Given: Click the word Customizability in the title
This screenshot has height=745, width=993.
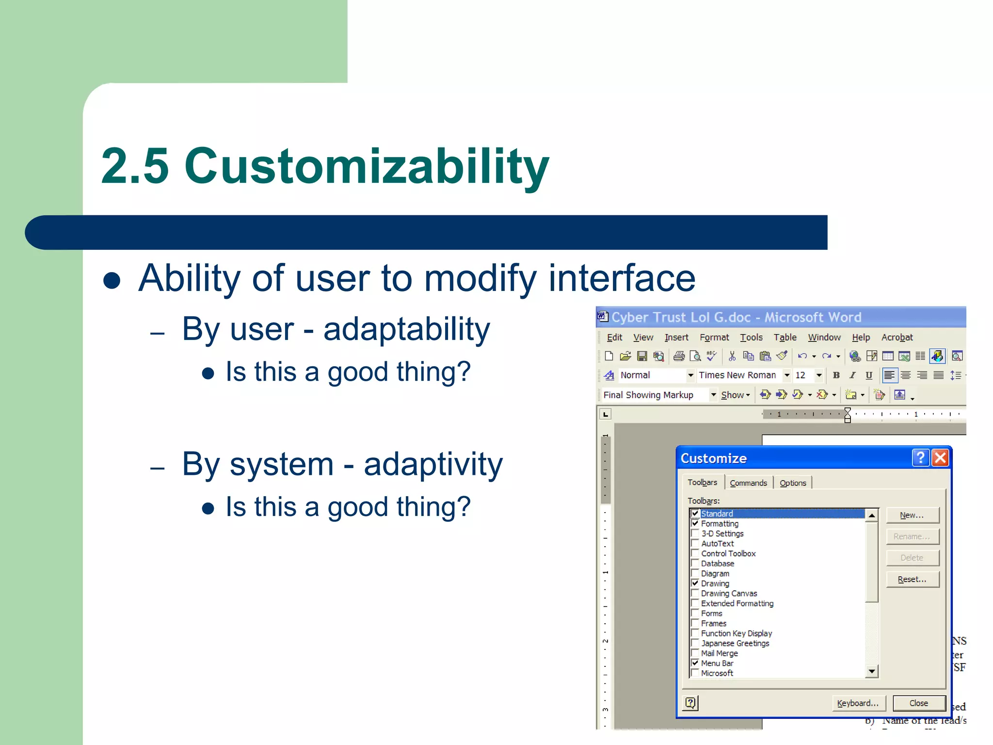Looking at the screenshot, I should pyautogui.click(x=367, y=166).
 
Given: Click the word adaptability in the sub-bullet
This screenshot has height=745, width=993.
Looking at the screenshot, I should pyautogui.click(x=406, y=329).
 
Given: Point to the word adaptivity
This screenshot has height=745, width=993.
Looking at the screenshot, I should pyautogui.click(x=433, y=464).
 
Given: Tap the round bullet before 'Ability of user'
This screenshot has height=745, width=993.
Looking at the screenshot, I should pyautogui.click(x=112, y=280).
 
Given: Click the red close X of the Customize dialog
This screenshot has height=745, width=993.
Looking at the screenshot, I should pyautogui.click(x=940, y=457).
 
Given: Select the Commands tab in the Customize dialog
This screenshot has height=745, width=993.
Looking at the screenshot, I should pyautogui.click(x=748, y=483).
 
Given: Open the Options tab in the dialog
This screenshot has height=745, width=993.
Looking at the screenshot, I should pyautogui.click(x=792, y=483).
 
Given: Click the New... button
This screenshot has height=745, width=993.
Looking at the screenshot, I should pyautogui.click(x=912, y=515).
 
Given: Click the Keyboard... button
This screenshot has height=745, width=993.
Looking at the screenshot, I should pyautogui.click(x=857, y=703).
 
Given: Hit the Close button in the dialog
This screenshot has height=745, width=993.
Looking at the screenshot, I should pyautogui.click(x=918, y=703).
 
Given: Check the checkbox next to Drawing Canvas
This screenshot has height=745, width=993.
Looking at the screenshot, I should pyautogui.click(x=695, y=593).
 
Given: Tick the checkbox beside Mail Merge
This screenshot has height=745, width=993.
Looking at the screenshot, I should pyautogui.click(x=695, y=653).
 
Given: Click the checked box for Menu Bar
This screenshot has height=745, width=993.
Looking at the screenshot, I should pyautogui.click(x=695, y=663).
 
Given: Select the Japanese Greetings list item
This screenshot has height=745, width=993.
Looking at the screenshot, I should pyautogui.click(x=735, y=643).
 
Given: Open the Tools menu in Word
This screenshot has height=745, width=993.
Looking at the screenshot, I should pyautogui.click(x=751, y=337).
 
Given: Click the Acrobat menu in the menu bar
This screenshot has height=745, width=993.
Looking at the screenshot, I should pyautogui.click(x=897, y=337).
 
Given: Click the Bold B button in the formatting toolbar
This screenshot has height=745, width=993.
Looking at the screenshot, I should pyautogui.click(x=836, y=375).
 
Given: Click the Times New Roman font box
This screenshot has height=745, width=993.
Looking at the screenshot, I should pyautogui.click(x=737, y=375).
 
